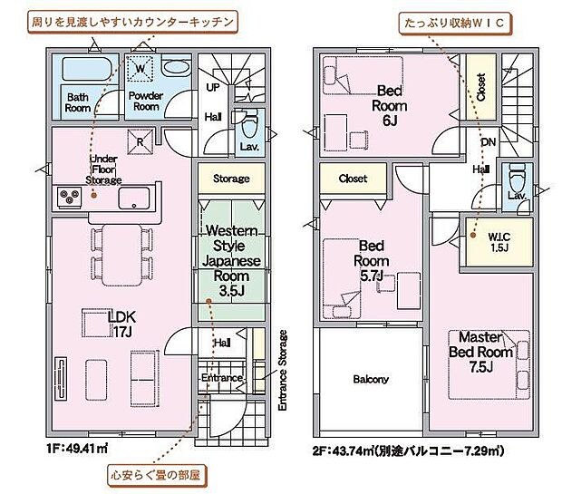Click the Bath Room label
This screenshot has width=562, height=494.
(x=78, y=101)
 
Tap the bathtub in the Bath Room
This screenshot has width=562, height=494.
(x=85, y=69)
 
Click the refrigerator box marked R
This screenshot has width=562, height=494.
(x=141, y=140)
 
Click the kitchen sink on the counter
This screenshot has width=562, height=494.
(x=136, y=197)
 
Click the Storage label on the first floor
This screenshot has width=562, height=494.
(x=231, y=179)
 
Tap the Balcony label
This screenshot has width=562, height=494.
(x=371, y=379)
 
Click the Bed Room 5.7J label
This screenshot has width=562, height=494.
(x=373, y=260)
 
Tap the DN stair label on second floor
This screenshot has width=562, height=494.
(x=487, y=142)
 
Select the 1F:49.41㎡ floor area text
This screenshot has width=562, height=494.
(x=78, y=449)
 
